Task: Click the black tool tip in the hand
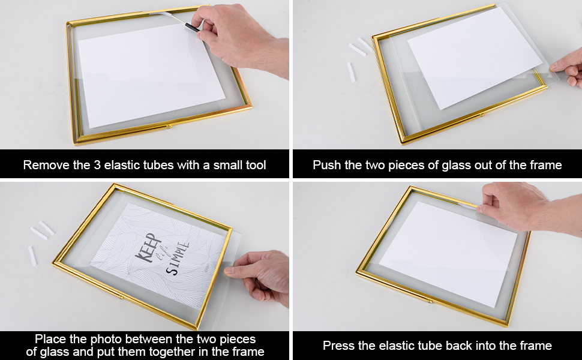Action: click(191, 28)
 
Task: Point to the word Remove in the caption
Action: click(44, 165)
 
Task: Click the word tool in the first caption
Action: click(254, 165)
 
